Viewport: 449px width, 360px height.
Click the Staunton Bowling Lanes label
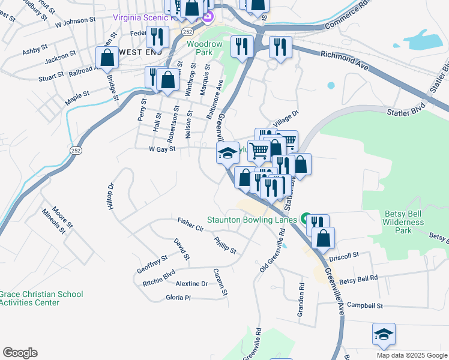(252, 220)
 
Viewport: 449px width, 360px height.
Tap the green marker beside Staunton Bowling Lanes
(306, 219)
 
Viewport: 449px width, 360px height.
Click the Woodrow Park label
(204, 49)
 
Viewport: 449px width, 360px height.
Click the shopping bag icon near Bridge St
(107, 59)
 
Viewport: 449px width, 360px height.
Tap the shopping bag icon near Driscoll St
(323, 238)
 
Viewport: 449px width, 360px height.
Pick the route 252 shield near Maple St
(76, 150)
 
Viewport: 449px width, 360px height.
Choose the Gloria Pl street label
(178, 298)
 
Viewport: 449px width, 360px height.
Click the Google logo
(20, 353)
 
